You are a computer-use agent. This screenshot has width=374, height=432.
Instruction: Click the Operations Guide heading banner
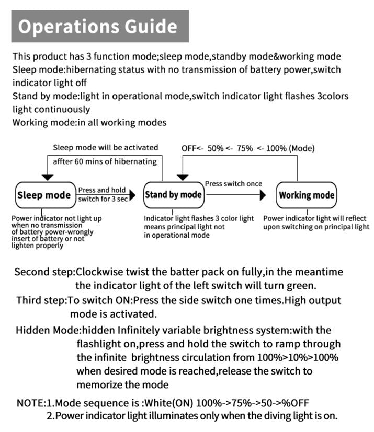(100, 26)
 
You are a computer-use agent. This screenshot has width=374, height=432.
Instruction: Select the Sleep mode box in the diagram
(44, 195)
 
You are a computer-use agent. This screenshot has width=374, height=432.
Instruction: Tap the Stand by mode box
(173, 195)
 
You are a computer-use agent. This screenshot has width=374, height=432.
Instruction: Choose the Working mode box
(306, 195)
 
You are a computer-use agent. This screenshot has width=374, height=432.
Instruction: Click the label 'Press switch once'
(233, 184)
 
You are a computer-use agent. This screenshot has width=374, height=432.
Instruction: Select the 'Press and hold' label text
(102, 190)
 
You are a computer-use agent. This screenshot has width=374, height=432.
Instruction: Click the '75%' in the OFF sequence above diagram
(244, 148)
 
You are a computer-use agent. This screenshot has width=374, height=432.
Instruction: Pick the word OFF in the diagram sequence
(189, 148)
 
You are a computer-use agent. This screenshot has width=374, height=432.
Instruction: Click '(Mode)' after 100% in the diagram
(303, 148)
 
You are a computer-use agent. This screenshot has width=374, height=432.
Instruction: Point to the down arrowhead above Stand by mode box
(183, 177)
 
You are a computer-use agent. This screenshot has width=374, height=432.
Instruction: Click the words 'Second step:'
(45, 272)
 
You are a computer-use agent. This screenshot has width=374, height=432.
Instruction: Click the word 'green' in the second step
(300, 286)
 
